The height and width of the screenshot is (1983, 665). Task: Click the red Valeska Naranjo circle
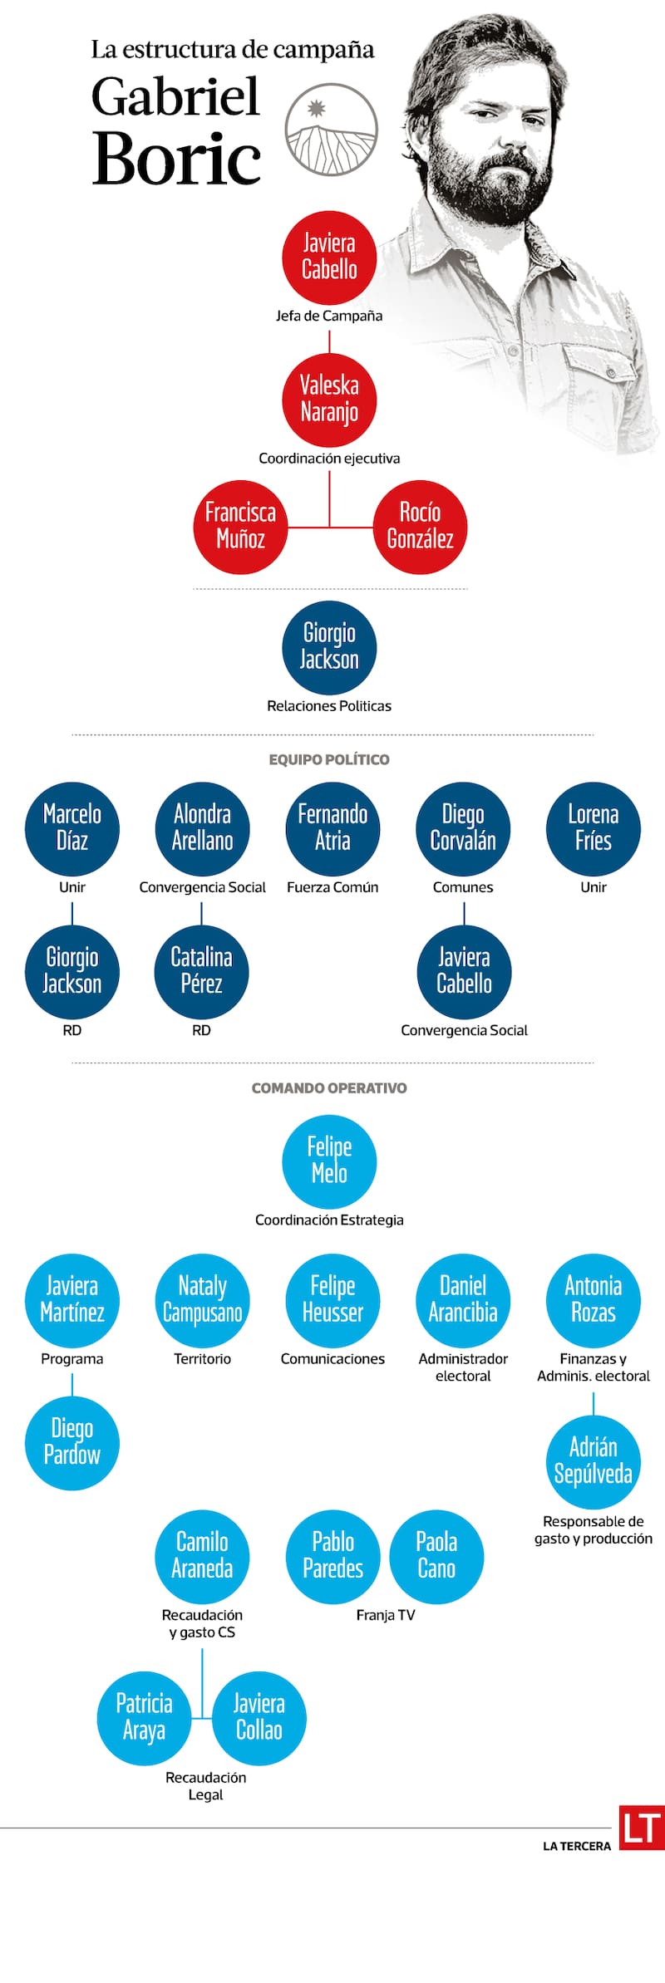[x=329, y=400]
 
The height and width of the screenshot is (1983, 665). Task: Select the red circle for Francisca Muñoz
[x=240, y=527]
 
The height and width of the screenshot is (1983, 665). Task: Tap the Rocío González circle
[x=420, y=527]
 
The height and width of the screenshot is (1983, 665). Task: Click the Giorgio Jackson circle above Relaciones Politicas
[x=329, y=647]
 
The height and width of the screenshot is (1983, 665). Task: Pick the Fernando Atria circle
[x=332, y=828]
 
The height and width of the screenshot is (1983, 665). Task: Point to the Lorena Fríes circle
[x=593, y=828]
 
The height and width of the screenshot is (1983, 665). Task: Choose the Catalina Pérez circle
[x=201, y=971]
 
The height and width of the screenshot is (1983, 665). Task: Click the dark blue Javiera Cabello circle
[x=464, y=971]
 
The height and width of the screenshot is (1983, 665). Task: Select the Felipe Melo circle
[x=329, y=1161]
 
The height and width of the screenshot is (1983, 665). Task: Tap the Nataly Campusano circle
[x=202, y=1300]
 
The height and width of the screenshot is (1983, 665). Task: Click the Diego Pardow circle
[x=72, y=1442]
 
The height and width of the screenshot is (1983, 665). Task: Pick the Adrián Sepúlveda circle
[x=593, y=1461]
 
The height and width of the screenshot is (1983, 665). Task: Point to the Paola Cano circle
[x=436, y=1556]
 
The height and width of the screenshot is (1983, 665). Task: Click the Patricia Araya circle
[x=144, y=1717]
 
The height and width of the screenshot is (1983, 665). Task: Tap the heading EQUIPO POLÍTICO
[x=329, y=759]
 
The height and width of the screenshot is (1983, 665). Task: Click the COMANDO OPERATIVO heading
[x=329, y=1088]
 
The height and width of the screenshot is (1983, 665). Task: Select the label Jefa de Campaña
[x=329, y=316]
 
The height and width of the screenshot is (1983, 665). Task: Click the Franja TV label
[x=385, y=1615]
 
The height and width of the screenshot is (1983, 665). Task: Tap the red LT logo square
[x=642, y=1828]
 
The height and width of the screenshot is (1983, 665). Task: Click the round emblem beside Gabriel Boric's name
[x=331, y=130]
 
